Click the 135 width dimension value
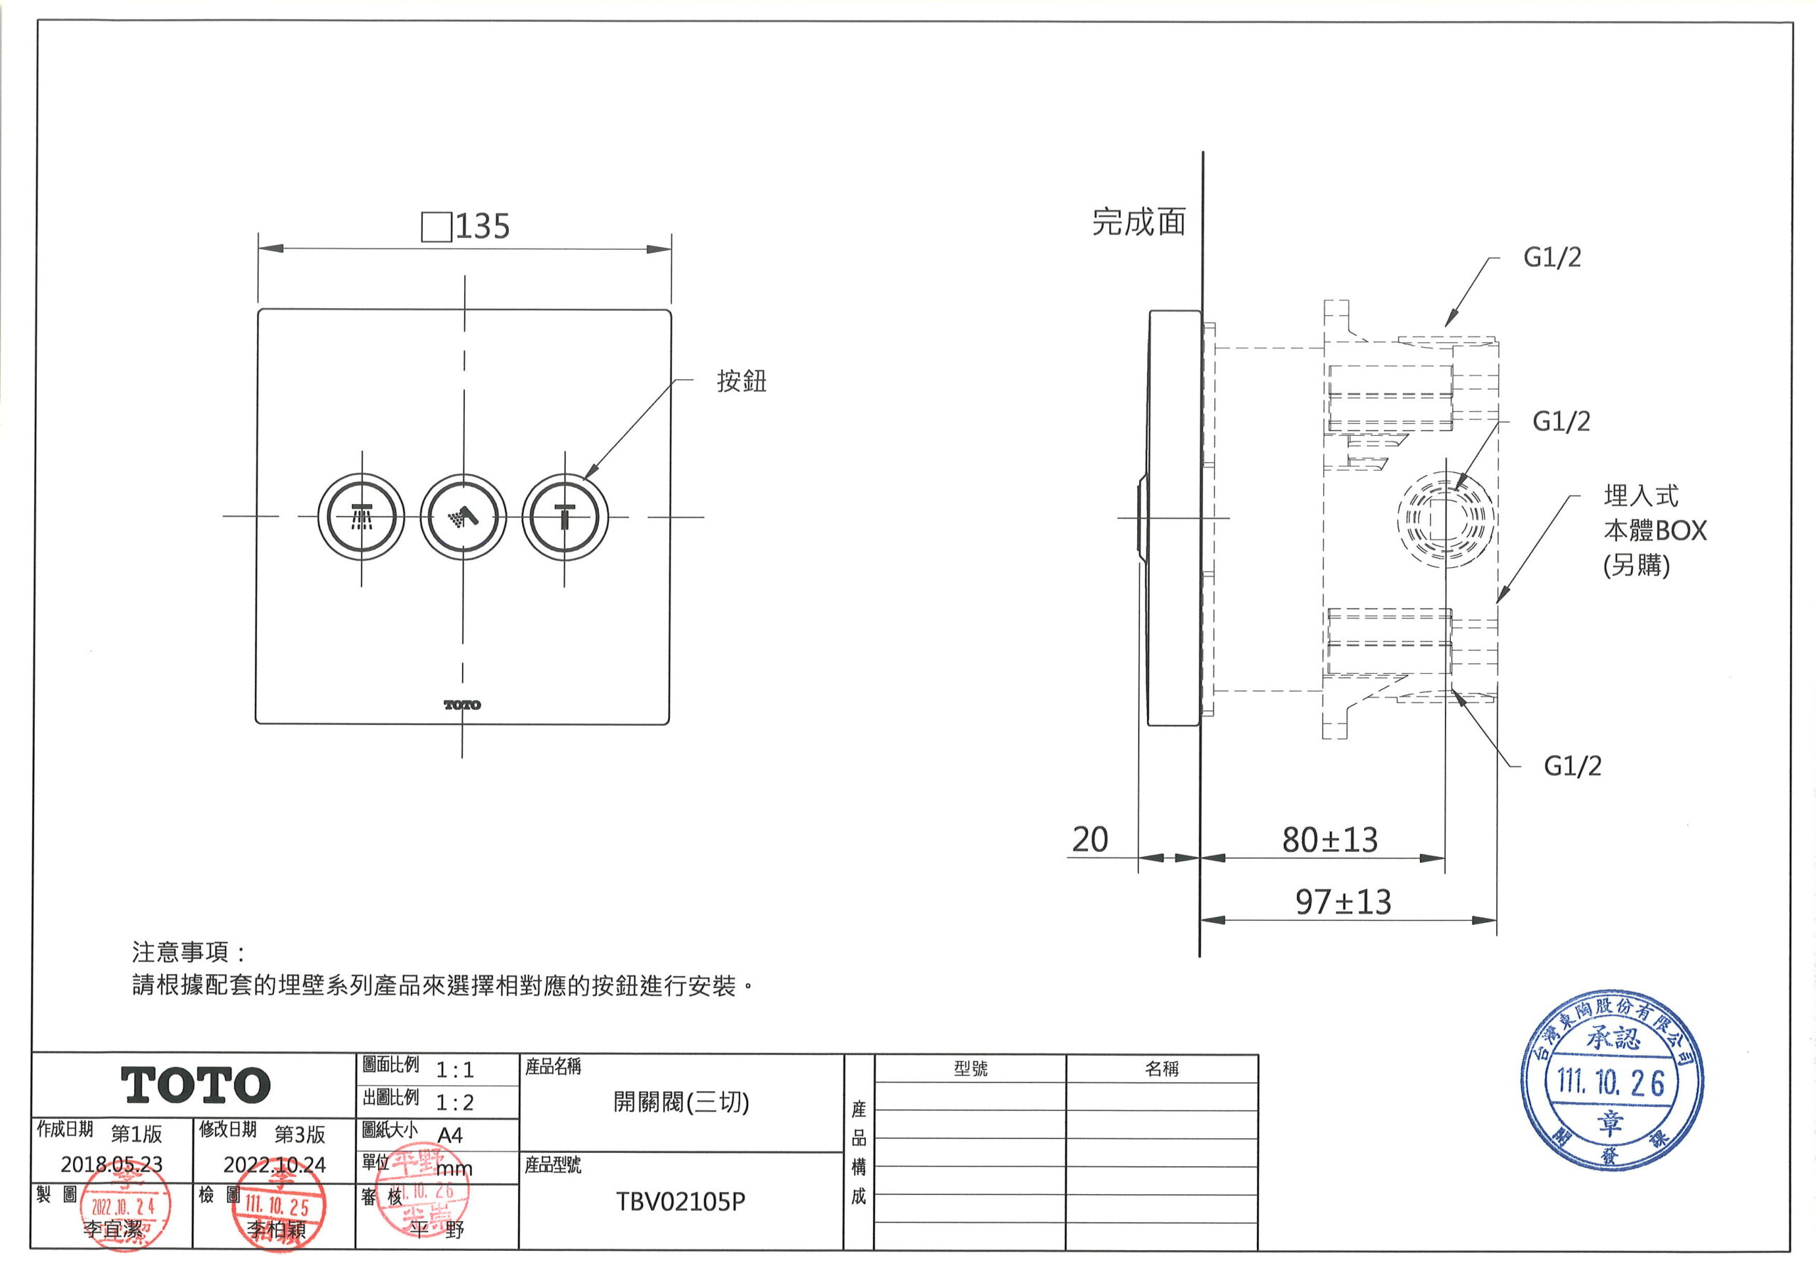tap(481, 227)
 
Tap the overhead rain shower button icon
tap(362, 518)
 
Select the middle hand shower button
tap(463, 518)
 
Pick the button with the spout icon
tap(565, 518)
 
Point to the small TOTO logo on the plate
tap(462, 705)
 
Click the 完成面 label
tap(1138, 222)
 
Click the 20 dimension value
tap(1089, 840)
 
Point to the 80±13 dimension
tap(1329, 840)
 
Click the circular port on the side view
tap(1445, 520)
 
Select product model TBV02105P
tap(681, 1202)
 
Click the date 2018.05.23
tap(111, 1164)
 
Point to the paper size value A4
tap(449, 1135)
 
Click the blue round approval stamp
tap(1611, 1081)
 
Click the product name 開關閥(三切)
tap(681, 1102)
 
